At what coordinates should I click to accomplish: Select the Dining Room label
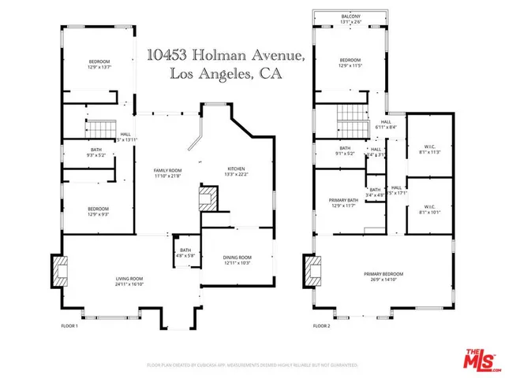point(238,258)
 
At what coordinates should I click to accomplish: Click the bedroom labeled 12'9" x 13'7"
point(99,63)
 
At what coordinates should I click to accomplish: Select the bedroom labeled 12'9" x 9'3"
point(99,209)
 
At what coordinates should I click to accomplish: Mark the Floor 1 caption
point(69,325)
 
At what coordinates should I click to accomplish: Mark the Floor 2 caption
point(320,325)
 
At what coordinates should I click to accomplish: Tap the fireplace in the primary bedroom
point(312,272)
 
